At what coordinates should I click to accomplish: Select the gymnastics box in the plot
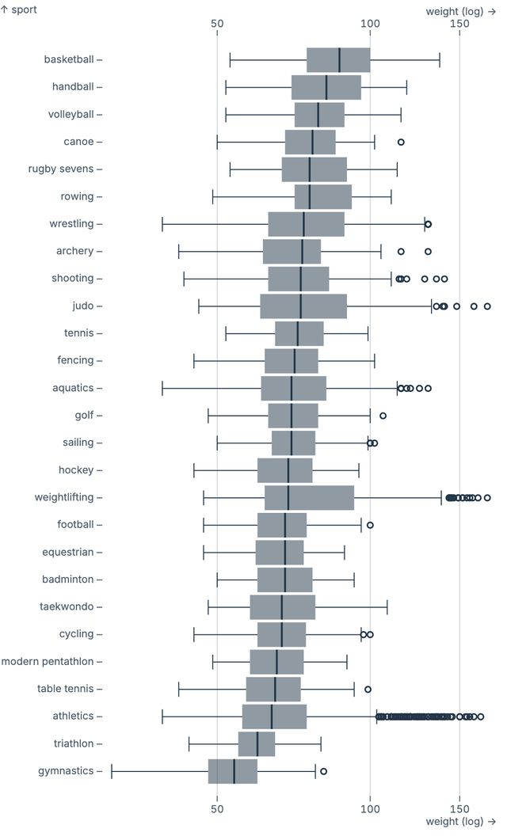pyautogui.click(x=232, y=771)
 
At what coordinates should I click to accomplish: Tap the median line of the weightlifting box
pyautogui.click(x=288, y=497)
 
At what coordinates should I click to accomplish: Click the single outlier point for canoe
pyautogui.click(x=401, y=142)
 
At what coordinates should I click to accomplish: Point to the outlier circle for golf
pyautogui.click(x=383, y=416)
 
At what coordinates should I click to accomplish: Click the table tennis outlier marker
pyautogui.click(x=368, y=689)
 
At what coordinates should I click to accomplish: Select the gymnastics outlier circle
pyautogui.click(x=323, y=771)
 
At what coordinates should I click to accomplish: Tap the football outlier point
pyautogui.click(x=370, y=525)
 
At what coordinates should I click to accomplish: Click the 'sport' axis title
pyautogui.click(x=19, y=10)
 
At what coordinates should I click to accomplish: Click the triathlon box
pyautogui.click(x=256, y=743)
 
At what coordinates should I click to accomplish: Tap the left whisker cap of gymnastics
pyautogui.click(x=112, y=771)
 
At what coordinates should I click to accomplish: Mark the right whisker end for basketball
pyautogui.click(x=440, y=59)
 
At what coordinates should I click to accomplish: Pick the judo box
pyautogui.click(x=303, y=306)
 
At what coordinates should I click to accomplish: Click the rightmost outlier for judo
pyautogui.click(x=487, y=306)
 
